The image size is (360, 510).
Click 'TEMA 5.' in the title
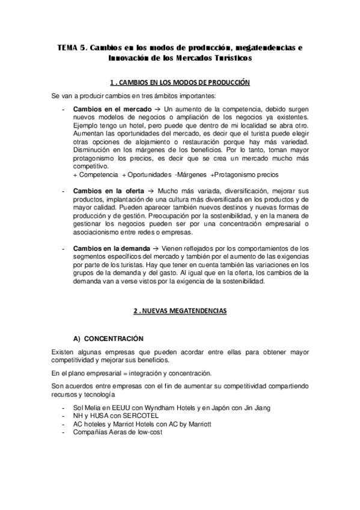click(x=73, y=48)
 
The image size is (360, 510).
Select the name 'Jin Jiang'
click(x=255, y=407)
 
